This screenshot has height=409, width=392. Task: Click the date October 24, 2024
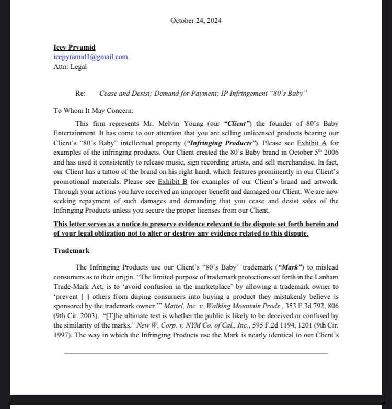click(195, 21)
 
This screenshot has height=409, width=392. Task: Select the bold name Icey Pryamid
click(74, 48)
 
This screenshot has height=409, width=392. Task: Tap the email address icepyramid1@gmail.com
click(90, 57)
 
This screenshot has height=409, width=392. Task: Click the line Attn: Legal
click(70, 66)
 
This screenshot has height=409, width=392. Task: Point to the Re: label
click(80, 94)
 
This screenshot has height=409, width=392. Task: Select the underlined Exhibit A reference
click(312, 143)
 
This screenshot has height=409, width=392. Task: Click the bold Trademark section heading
click(72, 251)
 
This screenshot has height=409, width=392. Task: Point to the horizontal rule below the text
click(195, 353)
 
